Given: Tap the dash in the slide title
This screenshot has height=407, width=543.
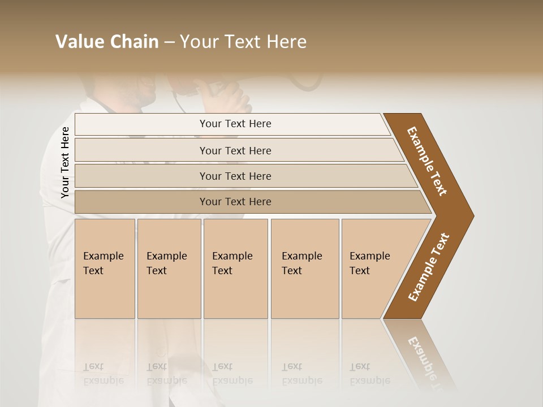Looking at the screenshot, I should tap(169, 42).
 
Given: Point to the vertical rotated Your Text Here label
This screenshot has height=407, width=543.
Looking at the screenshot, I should tap(65, 163).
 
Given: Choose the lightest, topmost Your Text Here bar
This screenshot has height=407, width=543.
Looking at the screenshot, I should tap(235, 124).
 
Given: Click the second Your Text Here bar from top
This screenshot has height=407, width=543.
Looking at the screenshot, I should tap(235, 150).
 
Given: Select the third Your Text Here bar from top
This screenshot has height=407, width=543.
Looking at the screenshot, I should tap(235, 176).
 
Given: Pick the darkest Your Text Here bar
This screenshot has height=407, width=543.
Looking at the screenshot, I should tap(235, 202).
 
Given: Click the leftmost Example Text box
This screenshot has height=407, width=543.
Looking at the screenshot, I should tap(105, 269).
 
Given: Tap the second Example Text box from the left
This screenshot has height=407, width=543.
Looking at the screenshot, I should tap(169, 269).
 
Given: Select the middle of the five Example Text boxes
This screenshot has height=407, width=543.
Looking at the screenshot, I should tap(235, 269).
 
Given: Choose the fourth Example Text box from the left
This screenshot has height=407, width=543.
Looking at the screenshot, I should tap(304, 269).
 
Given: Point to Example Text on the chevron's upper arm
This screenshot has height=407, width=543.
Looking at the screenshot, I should tap(427, 161).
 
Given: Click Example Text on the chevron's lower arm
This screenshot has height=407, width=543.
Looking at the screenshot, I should tap(429, 267).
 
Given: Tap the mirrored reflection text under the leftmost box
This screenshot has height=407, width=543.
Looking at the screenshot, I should tap(103, 373).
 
